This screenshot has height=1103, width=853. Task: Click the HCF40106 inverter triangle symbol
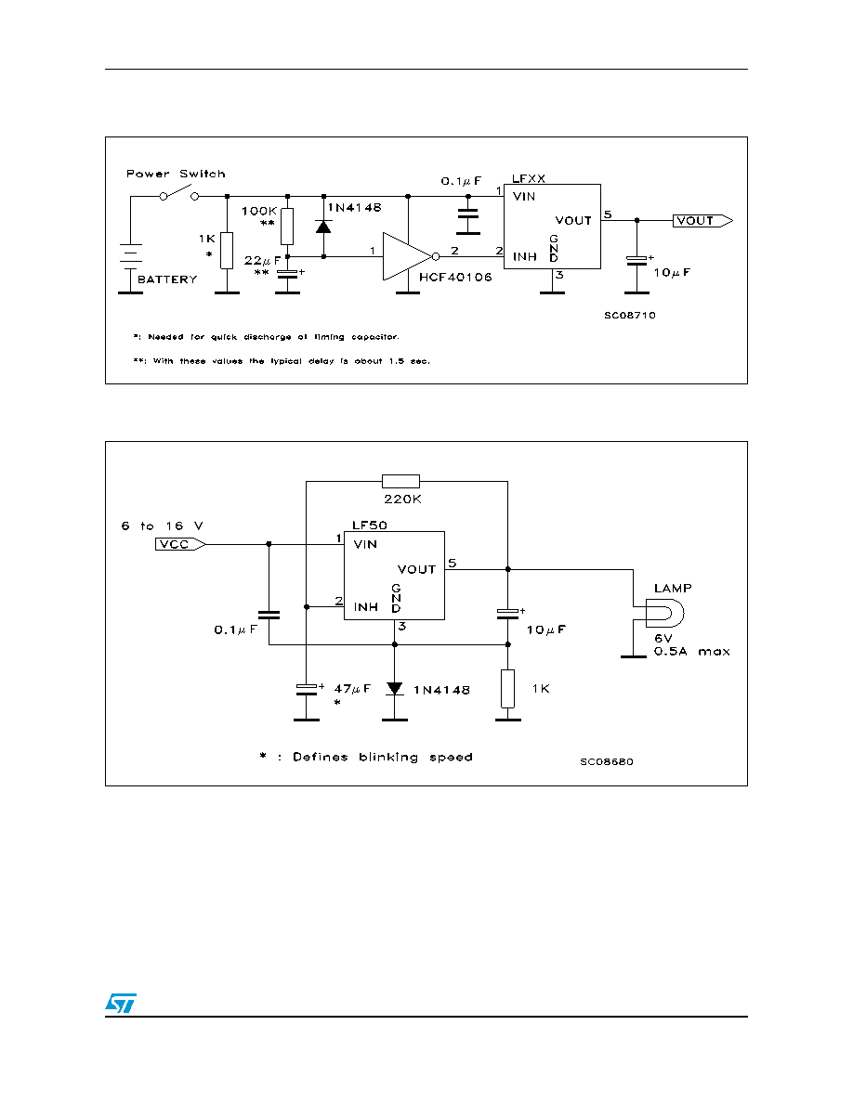tap(408, 256)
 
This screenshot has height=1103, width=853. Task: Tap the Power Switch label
tap(176, 174)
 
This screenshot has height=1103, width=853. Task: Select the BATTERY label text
tap(167, 279)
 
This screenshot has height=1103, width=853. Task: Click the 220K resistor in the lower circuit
tap(400, 481)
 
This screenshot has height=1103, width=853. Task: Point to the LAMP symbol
tap(665, 614)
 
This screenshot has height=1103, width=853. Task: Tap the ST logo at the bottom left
tap(121, 1003)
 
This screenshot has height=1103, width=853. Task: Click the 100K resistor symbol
tap(287, 226)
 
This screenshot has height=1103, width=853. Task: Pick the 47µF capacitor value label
tap(352, 689)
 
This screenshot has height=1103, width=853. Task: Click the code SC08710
tap(630, 315)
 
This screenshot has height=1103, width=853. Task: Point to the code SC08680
tap(607, 762)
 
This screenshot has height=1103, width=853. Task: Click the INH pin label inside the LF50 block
tap(366, 607)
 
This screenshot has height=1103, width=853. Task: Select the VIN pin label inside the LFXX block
tap(524, 197)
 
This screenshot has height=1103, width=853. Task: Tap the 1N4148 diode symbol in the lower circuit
tap(395, 688)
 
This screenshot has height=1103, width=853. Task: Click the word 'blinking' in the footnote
tap(388, 757)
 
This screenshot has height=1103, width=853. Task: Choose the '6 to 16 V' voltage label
tap(162, 526)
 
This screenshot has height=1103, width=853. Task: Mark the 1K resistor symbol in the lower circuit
tap(507, 689)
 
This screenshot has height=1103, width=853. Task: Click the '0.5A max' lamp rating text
tap(692, 652)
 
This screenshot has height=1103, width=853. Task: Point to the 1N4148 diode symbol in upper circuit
tap(323, 227)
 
